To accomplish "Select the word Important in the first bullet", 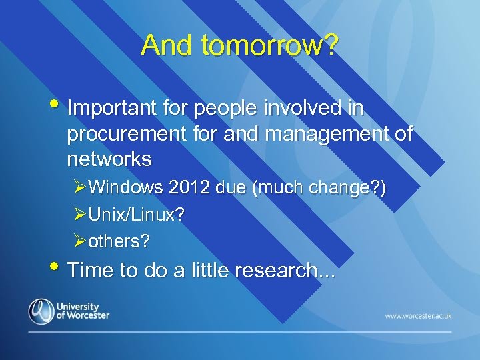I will coord(111,108).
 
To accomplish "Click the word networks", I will coord(109,159).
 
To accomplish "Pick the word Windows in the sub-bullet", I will coord(125,189).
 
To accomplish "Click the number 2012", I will coord(191,189).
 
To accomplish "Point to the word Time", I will coord(89,271).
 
